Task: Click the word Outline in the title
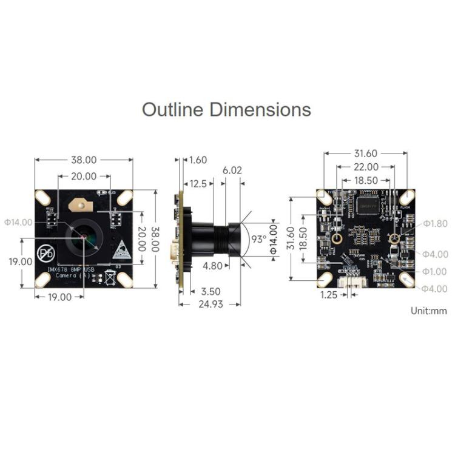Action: (x=173, y=110)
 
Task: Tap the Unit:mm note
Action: (x=429, y=311)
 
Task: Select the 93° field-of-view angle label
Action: (x=259, y=239)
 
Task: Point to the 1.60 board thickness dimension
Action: (x=198, y=160)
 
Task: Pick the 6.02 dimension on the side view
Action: (x=232, y=170)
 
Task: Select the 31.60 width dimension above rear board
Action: (x=365, y=153)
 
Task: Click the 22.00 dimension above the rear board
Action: (x=366, y=167)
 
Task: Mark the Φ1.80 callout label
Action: (x=435, y=224)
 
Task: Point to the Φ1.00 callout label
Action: (x=435, y=271)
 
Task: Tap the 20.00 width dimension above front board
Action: (x=84, y=176)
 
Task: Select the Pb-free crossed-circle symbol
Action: (x=46, y=252)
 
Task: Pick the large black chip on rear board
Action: (x=369, y=204)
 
